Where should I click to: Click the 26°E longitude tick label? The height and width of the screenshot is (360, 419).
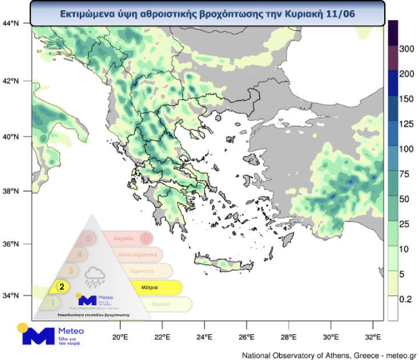247,337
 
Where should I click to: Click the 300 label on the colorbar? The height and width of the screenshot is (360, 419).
406,49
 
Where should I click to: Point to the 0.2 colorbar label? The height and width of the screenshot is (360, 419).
405,299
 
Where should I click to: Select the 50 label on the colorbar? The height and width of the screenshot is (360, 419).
404,199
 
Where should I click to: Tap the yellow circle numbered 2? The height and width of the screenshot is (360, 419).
62,287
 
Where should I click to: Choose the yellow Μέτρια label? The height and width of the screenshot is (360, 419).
150,287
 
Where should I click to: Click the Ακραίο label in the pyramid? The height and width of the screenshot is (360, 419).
123,237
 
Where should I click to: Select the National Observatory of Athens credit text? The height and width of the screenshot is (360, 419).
330,355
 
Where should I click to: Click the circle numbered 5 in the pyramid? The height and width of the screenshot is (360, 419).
87,237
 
